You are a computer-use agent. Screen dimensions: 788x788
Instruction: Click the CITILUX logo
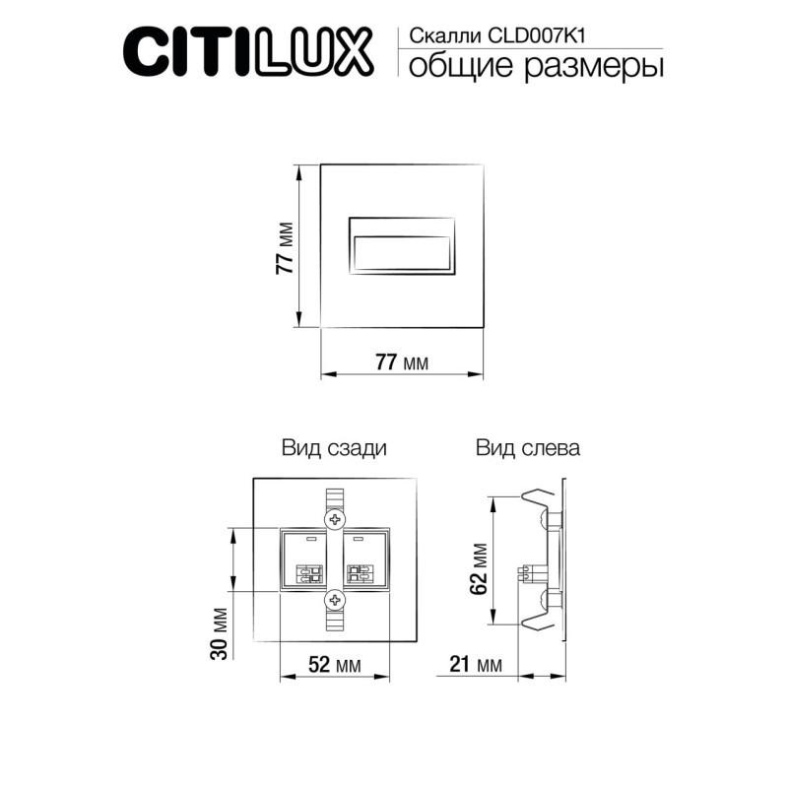(x=247, y=50)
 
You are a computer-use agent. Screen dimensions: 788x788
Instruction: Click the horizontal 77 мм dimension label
(x=402, y=362)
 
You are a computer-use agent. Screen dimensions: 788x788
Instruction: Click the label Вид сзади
(x=334, y=448)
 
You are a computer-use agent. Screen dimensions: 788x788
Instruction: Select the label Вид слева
(x=528, y=448)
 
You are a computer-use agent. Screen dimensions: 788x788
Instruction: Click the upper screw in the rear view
(x=336, y=518)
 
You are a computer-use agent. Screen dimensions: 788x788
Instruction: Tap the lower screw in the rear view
(x=336, y=599)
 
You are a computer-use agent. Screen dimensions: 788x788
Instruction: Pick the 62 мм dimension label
(x=479, y=568)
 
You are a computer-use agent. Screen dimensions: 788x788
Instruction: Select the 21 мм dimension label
(x=477, y=665)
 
